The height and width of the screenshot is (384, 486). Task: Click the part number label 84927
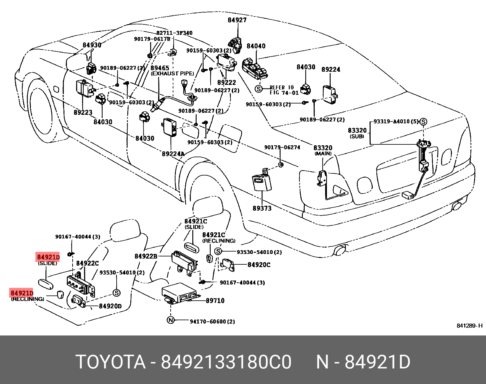237,20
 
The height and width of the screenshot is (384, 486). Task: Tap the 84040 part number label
256,46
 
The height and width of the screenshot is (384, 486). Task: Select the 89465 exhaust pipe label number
160,68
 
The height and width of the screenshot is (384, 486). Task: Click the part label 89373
262,208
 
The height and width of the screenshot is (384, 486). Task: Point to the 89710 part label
215,301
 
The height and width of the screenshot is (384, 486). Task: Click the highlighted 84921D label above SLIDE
48,257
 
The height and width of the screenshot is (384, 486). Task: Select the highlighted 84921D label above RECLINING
22,293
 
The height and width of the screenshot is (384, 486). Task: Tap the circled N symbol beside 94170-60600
171,320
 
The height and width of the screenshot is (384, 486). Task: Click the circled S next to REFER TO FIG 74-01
259,89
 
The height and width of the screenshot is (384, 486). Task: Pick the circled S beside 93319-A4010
423,122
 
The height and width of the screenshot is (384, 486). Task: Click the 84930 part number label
92,45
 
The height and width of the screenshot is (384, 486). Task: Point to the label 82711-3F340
174,33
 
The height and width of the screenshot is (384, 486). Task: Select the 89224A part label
173,154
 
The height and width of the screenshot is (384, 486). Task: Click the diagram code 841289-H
469,326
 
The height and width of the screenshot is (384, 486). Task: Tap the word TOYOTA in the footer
111,362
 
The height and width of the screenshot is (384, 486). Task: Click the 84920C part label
259,265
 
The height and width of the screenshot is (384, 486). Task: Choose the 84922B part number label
146,256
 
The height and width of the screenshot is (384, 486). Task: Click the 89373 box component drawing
262,183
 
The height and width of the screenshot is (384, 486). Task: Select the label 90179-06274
282,147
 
